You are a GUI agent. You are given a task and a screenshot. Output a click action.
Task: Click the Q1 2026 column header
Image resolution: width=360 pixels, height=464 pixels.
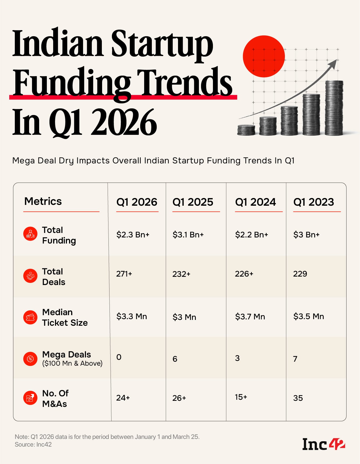tap(137, 202)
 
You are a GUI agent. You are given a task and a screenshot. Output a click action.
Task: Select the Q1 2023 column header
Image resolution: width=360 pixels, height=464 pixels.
tap(314, 202)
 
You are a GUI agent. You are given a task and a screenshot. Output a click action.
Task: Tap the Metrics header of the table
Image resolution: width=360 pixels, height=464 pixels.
tap(43, 201)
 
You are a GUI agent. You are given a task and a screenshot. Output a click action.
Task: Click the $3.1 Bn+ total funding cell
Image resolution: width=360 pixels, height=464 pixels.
tap(188, 235)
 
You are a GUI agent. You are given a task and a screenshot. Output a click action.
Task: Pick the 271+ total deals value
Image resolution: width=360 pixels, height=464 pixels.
tap(124, 274)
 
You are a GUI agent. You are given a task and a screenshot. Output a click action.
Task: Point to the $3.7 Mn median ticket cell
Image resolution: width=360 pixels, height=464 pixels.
tap(250, 316)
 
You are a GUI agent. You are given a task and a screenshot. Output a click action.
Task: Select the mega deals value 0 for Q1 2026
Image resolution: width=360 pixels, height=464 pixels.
tap(119, 357)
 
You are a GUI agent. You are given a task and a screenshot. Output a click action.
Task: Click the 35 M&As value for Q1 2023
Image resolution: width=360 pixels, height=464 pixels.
tap(298, 398)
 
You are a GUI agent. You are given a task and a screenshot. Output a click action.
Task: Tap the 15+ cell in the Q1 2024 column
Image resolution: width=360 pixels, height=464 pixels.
tap(241, 397)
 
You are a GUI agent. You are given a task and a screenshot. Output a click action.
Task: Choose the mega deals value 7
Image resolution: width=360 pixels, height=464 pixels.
tap(295, 359)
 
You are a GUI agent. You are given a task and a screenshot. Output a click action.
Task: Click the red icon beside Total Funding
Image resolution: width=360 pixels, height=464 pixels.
tap(30, 234)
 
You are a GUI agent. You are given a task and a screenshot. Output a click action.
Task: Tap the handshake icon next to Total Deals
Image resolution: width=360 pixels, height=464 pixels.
tap(30, 276)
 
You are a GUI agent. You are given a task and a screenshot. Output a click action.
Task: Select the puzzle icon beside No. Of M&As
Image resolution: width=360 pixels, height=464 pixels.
tap(30, 398)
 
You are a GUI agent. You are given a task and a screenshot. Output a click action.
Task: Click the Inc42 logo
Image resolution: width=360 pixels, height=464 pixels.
tap(323, 444)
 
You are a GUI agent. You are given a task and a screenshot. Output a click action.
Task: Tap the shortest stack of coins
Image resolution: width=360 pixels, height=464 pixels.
tap(246, 130)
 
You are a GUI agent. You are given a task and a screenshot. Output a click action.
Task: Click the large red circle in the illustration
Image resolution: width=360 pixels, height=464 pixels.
tap(264, 56)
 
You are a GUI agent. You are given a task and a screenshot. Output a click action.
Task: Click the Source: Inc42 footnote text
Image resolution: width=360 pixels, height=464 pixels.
tap(33, 444)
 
